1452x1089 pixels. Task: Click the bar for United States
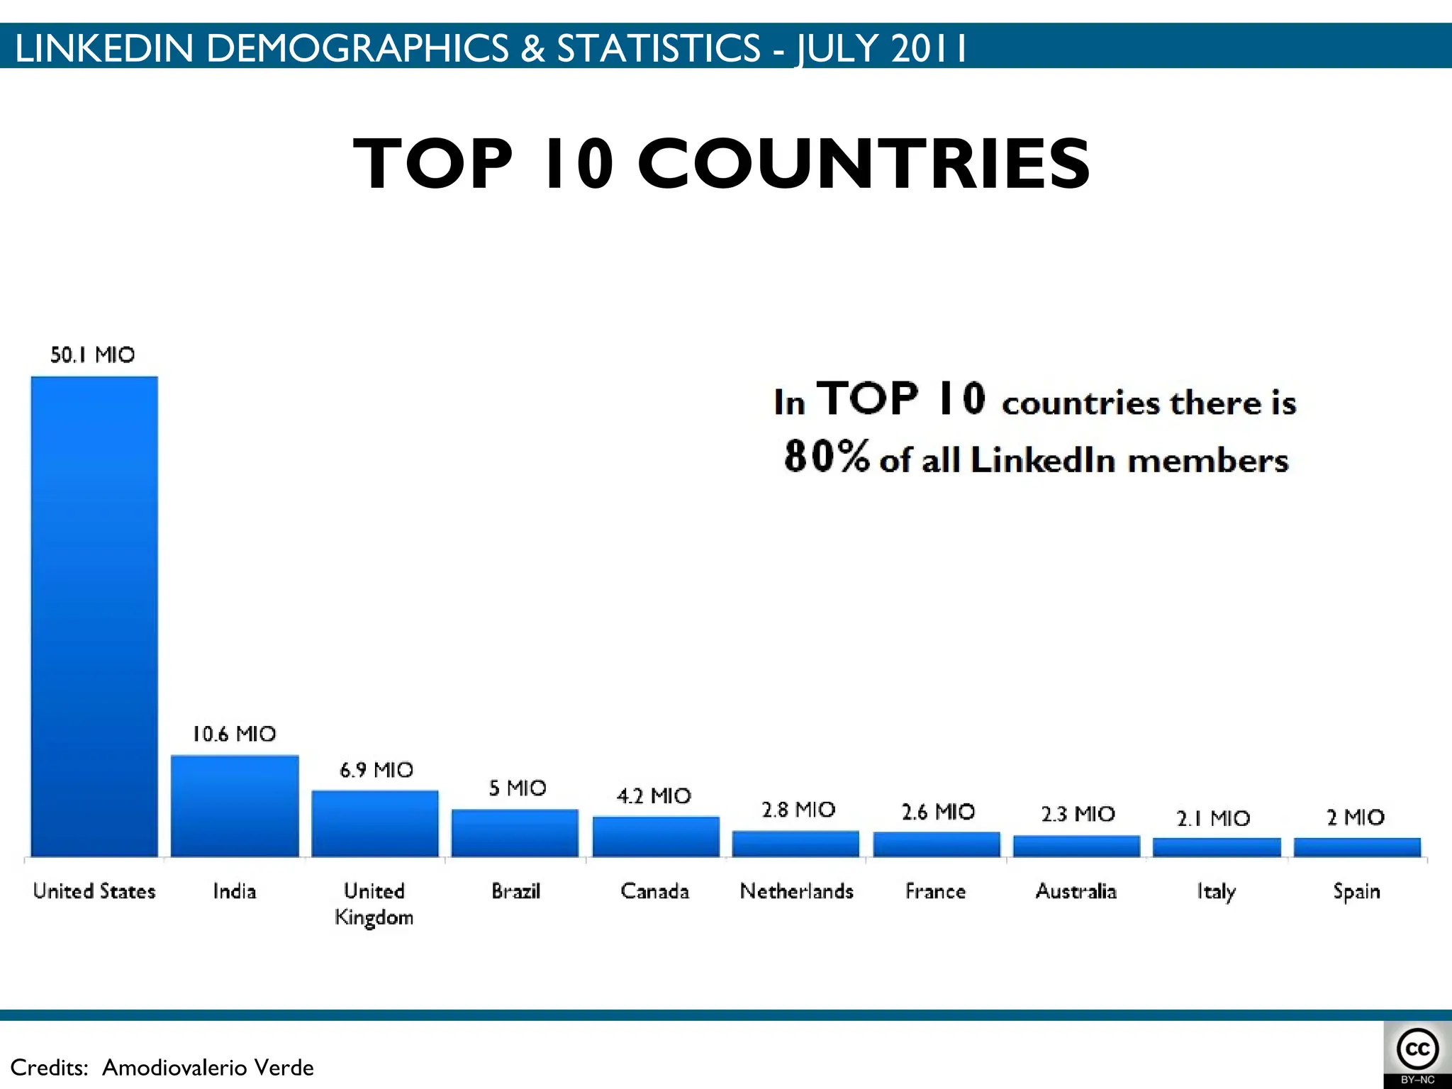click(x=94, y=617)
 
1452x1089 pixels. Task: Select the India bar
click(x=235, y=806)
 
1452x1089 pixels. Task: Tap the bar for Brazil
click(x=515, y=833)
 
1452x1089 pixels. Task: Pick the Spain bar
click(x=1357, y=847)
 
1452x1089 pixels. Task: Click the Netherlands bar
click(x=795, y=844)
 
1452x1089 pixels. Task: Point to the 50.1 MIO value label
click(x=92, y=354)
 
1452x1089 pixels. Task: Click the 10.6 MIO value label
click(x=234, y=734)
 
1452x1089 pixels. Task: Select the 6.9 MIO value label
click(x=376, y=770)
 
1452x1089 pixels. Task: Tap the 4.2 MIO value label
click(x=654, y=796)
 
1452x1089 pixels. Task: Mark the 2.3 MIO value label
click(x=1078, y=814)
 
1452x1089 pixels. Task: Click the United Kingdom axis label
click(x=374, y=904)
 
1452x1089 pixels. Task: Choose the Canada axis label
click(x=654, y=891)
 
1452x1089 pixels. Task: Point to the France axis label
click(x=935, y=891)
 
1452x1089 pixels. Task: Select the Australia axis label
click(x=1076, y=891)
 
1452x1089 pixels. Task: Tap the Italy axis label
click(x=1216, y=892)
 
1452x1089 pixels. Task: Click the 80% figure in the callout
click(x=826, y=455)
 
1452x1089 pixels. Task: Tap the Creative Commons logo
click(x=1417, y=1050)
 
